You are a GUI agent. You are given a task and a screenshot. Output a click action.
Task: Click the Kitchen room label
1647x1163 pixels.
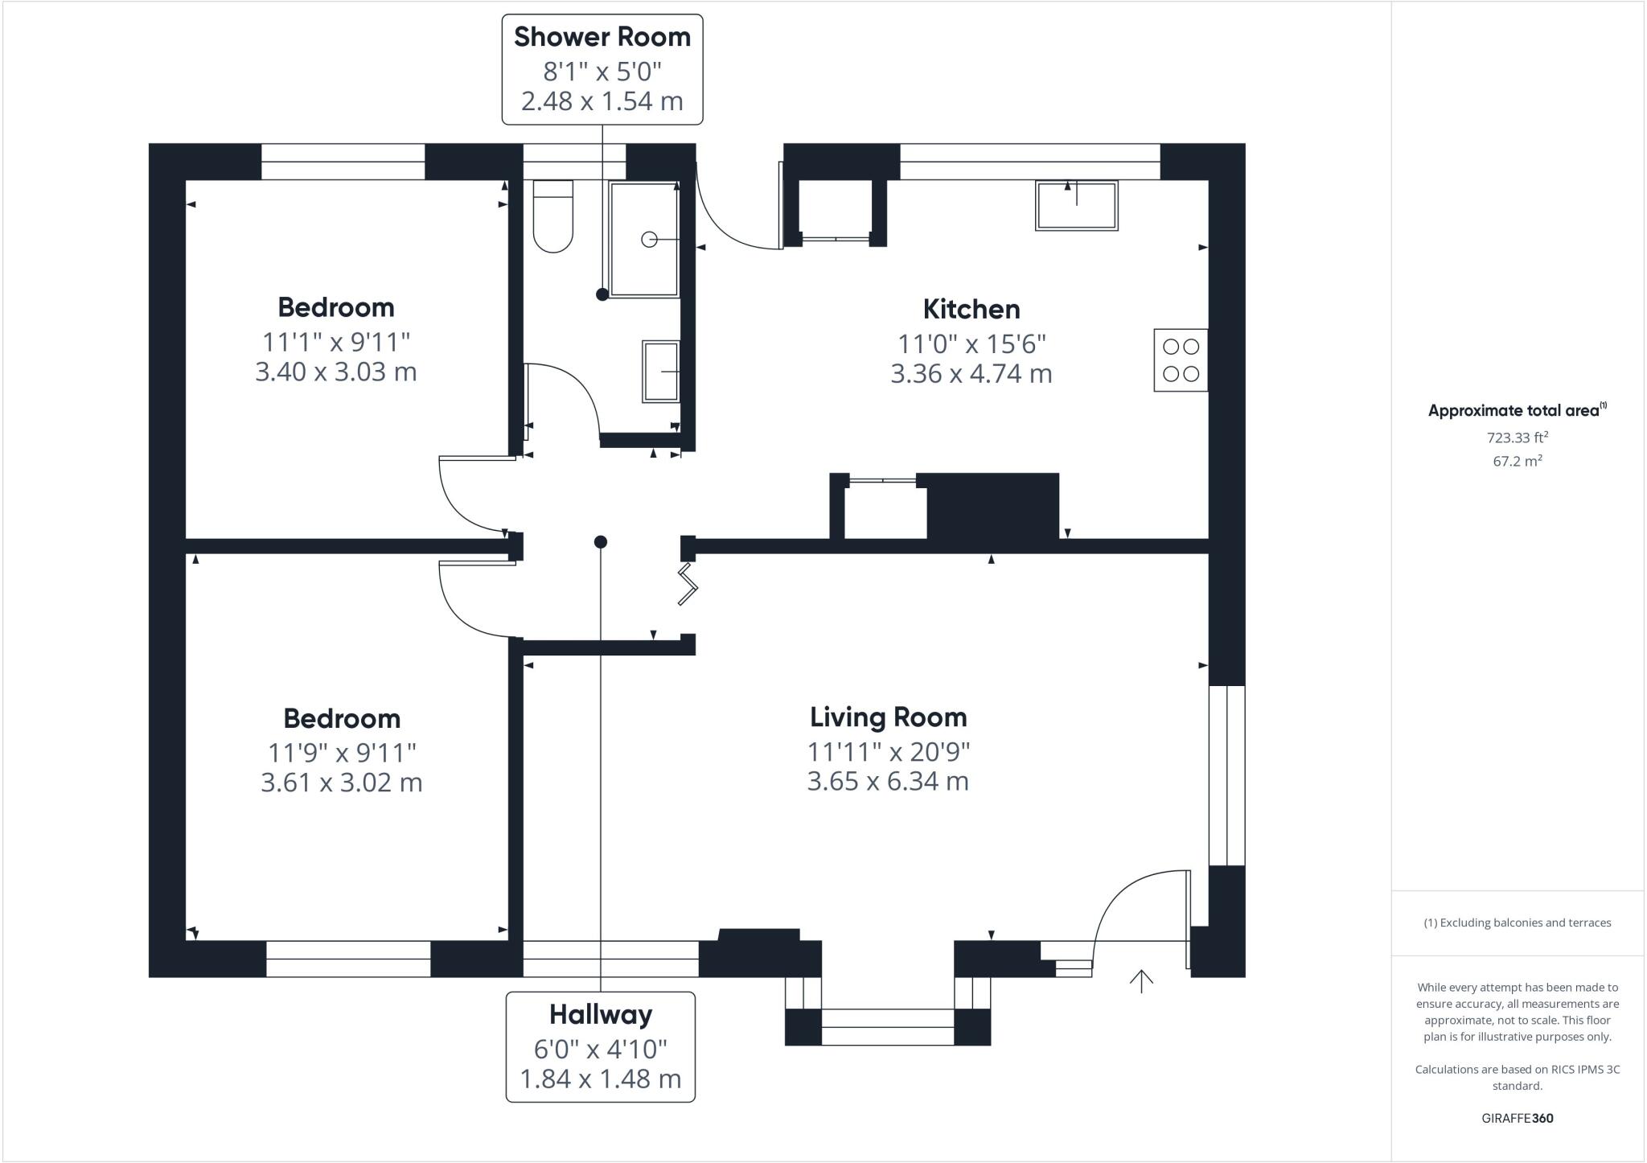(x=971, y=309)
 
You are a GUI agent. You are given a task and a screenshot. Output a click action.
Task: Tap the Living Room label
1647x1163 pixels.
(x=888, y=717)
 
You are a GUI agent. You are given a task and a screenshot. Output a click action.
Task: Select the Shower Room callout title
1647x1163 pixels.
(x=602, y=37)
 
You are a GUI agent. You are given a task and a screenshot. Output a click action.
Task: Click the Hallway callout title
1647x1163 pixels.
(x=601, y=1015)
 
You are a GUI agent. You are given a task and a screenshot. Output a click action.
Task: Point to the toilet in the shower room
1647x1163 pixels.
(x=553, y=216)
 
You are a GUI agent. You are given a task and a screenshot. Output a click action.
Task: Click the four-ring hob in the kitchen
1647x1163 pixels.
(x=1181, y=360)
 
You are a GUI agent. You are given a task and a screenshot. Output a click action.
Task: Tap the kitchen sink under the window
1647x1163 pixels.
(x=1077, y=206)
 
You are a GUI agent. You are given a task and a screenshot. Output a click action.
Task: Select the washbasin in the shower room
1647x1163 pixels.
(x=661, y=372)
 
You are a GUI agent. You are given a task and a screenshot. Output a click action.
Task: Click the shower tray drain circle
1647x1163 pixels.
(x=649, y=239)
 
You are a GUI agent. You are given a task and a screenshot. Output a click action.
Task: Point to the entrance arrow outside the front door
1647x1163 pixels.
(x=1141, y=981)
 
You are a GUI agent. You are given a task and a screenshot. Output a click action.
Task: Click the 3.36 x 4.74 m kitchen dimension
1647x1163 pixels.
(x=971, y=373)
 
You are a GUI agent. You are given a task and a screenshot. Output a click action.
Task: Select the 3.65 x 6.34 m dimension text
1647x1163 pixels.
(x=888, y=781)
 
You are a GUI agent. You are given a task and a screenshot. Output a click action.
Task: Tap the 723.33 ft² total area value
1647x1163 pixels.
(x=1518, y=438)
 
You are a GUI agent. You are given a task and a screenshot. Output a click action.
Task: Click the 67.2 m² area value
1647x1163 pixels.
(x=1518, y=461)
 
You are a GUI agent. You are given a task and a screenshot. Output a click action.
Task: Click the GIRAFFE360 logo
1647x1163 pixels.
(x=1518, y=1118)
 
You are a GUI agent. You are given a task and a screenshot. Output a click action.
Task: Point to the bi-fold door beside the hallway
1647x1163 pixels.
(x=688, y=583)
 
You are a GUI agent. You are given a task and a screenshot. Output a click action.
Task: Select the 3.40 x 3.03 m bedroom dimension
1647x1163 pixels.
(x=336, y=372)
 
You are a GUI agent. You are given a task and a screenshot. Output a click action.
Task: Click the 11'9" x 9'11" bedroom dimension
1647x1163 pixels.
(x=342, y=753)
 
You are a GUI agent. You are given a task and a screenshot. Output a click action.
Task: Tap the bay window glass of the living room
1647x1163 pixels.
(x=888, y=1027)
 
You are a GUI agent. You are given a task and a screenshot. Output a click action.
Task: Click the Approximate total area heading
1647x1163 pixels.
(x=1518, y=410)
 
